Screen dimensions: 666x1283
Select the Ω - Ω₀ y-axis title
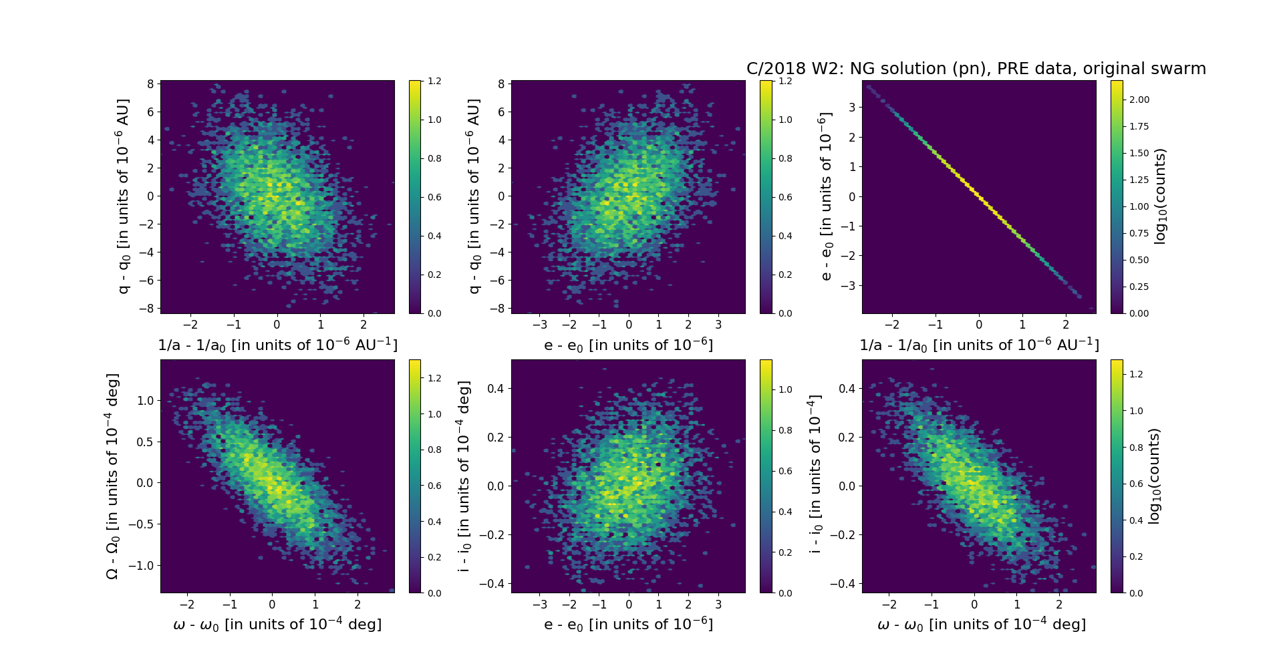112,476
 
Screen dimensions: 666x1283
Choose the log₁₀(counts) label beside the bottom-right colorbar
1154,476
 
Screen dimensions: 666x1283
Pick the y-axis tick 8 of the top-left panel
150,84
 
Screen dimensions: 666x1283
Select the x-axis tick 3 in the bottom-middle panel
718,605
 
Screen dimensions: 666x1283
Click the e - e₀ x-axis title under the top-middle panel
628,345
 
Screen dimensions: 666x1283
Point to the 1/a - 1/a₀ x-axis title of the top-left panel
277,345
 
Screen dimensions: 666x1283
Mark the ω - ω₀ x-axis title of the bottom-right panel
981,625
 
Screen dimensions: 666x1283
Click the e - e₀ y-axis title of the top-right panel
826,196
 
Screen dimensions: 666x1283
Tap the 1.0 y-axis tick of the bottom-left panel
145,400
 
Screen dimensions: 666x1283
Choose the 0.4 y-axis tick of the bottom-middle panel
495,388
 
